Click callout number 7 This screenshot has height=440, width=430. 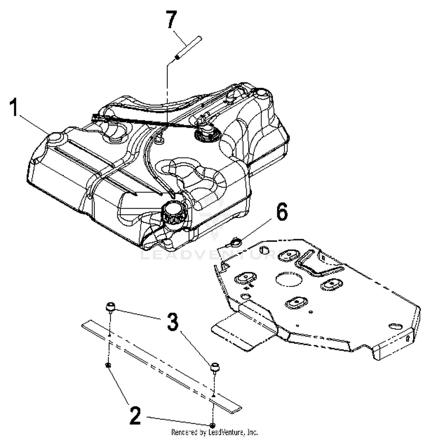coord(171,20)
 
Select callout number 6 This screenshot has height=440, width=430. coord(282,213)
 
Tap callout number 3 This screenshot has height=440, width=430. coord(173,322)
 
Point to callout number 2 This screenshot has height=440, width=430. coord(135,416)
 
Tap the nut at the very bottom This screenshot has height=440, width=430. coord(212,425)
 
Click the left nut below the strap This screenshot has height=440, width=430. coord(108,365)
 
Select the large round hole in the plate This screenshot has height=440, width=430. coord(289,278)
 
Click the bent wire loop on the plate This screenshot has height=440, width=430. coord(318,264)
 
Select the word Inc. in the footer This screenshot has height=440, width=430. coord(252,432)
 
